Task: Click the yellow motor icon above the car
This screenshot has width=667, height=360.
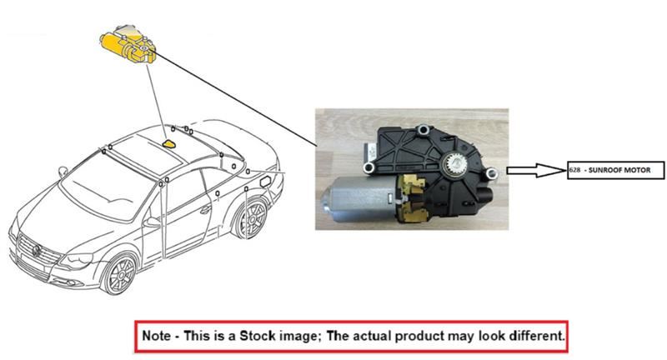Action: click(x=127, y=45)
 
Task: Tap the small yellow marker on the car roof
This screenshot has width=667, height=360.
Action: click(x=169, y=143)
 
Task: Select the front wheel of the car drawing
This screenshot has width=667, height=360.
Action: click(x=118, y=273)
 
